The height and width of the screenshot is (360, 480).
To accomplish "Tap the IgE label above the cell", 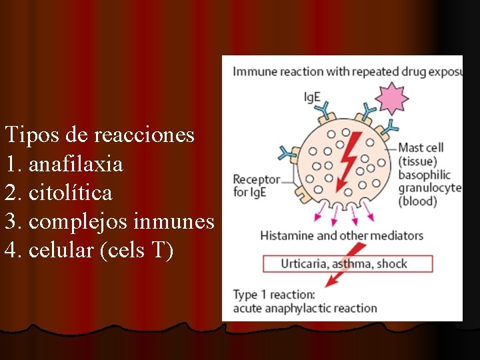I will click(312, 97).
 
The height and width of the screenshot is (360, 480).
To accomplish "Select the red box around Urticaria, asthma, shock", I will click(347, 263).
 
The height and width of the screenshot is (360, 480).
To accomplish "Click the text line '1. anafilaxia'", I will click(64, 164).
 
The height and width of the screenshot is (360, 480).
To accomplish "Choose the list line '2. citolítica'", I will click(59, 193).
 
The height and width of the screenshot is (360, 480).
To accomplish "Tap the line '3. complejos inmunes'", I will click(109, 222).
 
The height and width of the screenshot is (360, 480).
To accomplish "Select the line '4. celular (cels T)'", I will click(89, 251).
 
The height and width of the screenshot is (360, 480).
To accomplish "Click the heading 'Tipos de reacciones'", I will click(99, 135).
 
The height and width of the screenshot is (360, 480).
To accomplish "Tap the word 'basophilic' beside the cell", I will click(425, 175).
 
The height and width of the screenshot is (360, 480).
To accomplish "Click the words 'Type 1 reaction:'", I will click(274, 295).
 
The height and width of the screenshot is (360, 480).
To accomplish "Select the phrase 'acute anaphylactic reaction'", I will click(305, 308).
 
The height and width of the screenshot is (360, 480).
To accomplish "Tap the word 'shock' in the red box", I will click(392, 263).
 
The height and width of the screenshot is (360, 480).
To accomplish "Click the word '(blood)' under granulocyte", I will click(417, 201).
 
